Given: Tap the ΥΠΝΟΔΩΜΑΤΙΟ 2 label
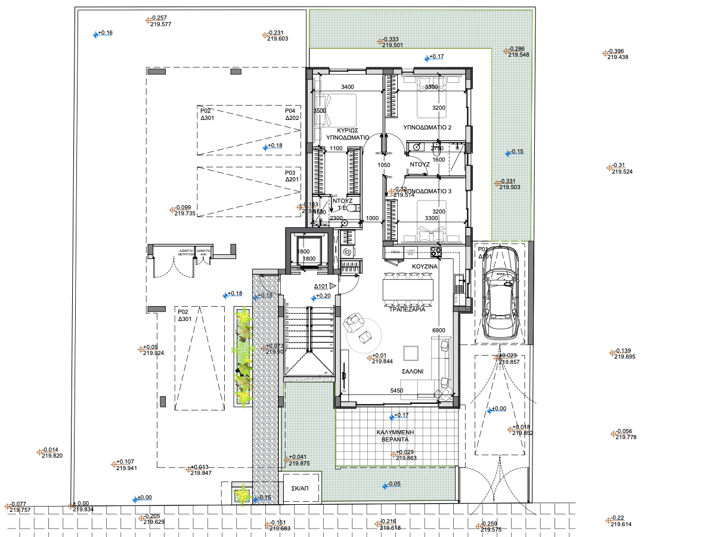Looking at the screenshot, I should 427,128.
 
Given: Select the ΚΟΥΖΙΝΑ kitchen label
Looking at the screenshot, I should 425,266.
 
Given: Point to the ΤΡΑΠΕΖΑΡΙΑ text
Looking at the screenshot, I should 407,310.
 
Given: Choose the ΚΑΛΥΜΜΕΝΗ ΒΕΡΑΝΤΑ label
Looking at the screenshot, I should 395,435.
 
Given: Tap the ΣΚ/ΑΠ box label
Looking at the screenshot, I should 299,487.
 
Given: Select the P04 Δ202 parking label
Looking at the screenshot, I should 292,115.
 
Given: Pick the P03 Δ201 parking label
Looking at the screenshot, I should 292,176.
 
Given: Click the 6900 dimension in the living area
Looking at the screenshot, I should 439,330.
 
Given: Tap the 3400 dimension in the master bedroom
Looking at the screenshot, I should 348,88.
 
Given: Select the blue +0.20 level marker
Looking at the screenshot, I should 322,296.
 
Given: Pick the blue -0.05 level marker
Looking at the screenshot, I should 392,484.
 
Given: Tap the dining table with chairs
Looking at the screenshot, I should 408,291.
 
